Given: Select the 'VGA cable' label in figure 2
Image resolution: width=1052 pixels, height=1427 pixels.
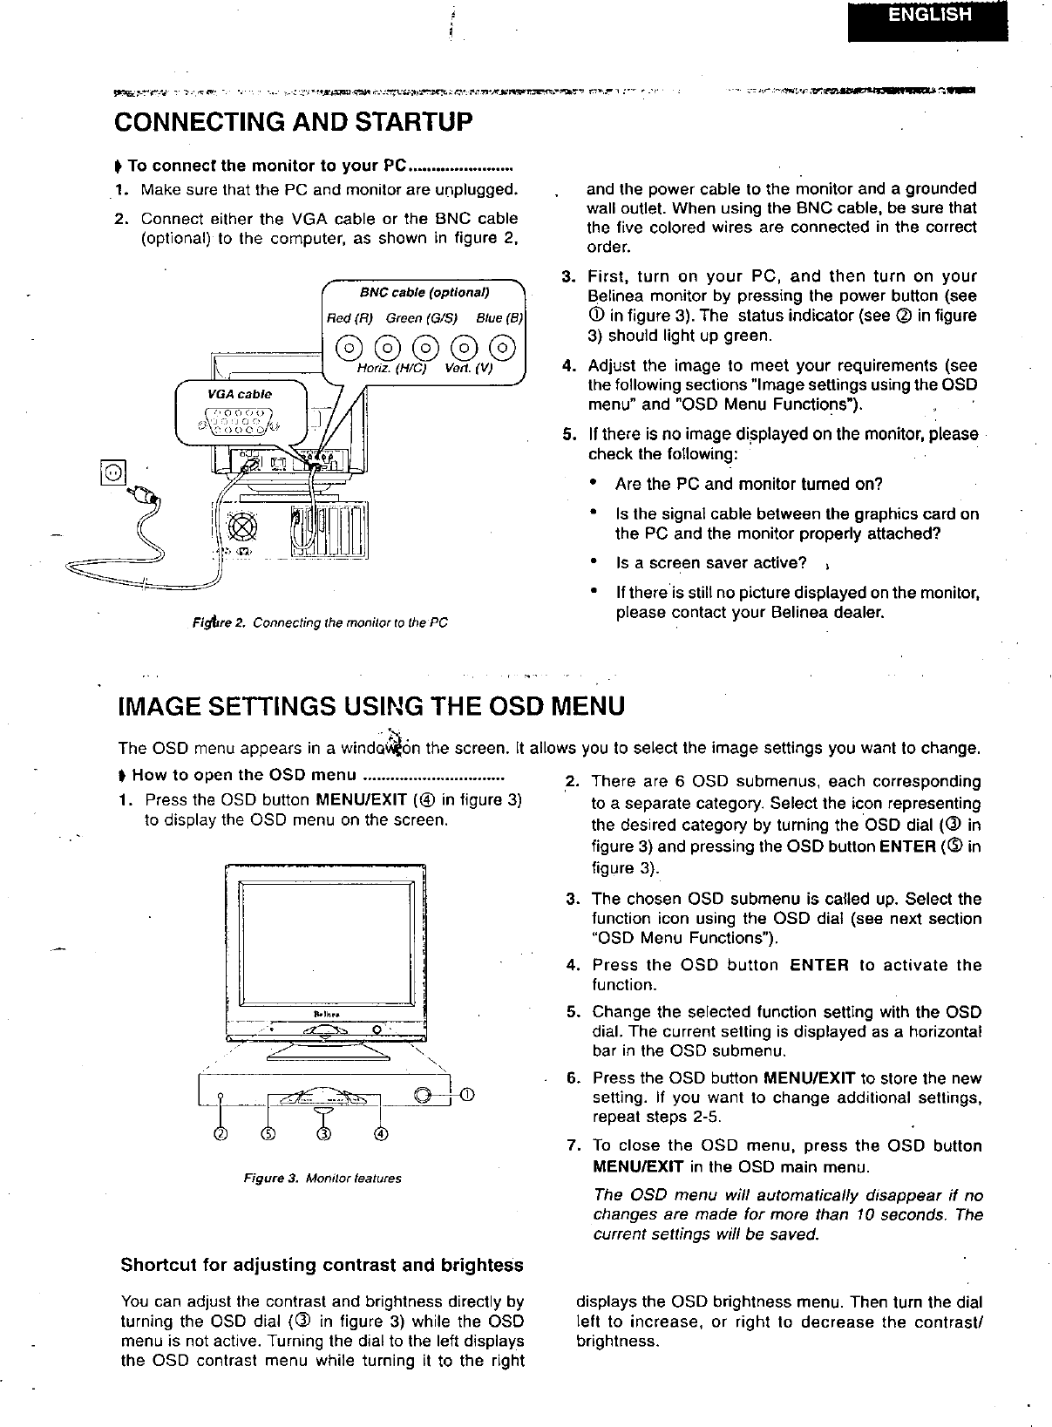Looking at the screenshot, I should (x=239, y=394).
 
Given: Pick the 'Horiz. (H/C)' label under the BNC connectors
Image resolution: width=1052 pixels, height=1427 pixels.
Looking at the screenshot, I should (x=391, y=368).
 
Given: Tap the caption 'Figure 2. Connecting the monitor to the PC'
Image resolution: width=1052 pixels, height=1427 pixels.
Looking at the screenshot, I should (x=321, y=623).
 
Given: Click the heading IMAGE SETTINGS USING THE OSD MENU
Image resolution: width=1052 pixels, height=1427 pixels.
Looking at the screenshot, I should (x=370, y=704).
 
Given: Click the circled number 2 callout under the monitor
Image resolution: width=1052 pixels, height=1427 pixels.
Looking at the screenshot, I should (x=221, y=1134).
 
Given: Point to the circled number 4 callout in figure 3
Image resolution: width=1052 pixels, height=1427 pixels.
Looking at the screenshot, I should (x=381, y=1134).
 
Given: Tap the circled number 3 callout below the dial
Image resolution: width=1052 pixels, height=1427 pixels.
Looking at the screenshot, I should (x=323, y=1134).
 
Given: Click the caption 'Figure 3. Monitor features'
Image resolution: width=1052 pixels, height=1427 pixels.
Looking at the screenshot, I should (x=322, y=1179).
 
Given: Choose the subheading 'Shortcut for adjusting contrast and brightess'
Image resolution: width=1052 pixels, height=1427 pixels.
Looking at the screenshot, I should (x=322, y=1265).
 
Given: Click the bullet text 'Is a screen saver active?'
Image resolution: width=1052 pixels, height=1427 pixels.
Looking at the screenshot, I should (x=710, y=562).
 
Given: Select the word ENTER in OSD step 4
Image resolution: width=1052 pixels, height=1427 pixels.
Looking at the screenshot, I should (x=819, y=965).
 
